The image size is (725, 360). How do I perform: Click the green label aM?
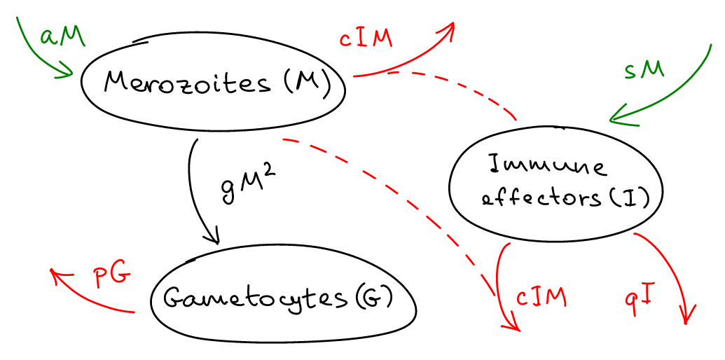coord(62,36)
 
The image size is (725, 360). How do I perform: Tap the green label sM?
coord(644,71)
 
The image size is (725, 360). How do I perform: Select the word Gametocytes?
coord(255,298)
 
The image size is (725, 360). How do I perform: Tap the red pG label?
coord(111,275)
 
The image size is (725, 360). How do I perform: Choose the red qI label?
coord(640,298)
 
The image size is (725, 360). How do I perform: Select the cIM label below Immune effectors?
coord(541,296)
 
